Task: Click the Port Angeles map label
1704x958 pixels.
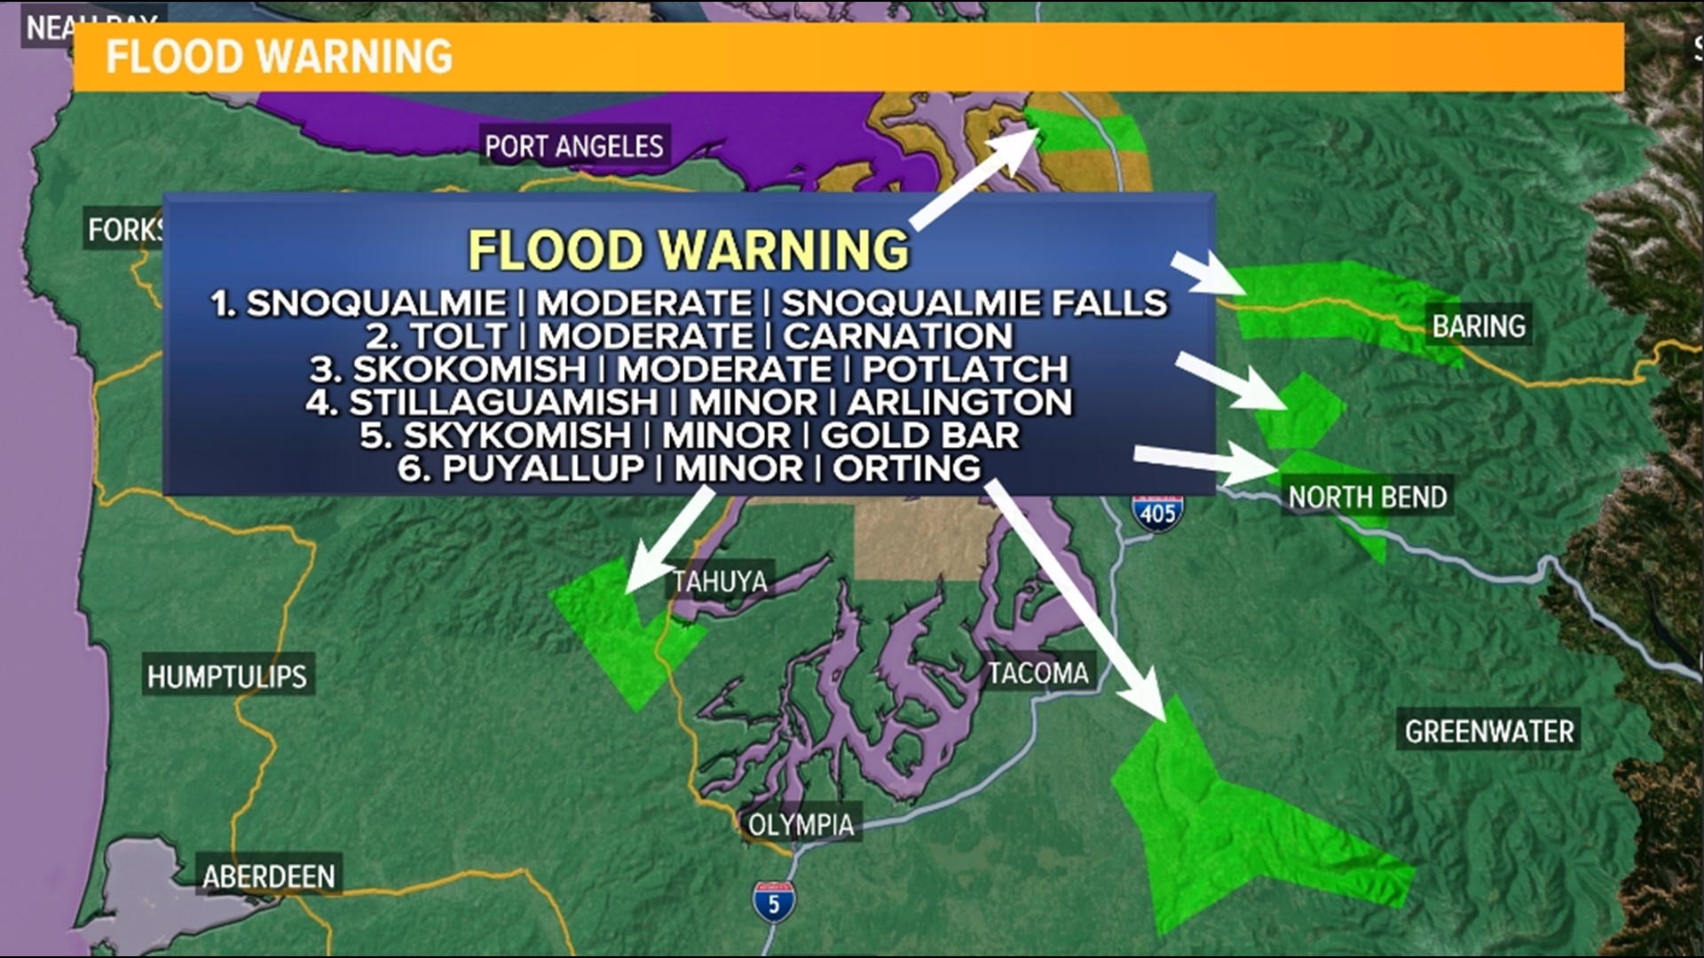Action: (x=574, y=146)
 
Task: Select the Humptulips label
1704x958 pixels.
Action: (x=227, y=678)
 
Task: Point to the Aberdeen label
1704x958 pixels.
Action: (x=269, y=877)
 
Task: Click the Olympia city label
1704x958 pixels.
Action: (x=801, y=825)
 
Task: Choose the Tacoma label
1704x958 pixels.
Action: (x=1038, y=673)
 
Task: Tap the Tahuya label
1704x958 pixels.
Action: (x=720, y=582)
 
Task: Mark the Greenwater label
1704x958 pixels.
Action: (x=1489, y=732)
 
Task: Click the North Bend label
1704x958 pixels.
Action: (x=1368, y=497)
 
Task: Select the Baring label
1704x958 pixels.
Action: (x=1479, y=326)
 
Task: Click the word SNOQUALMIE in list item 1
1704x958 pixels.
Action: (x=376, y=303)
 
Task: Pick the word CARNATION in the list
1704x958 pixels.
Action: (x=897, y=336)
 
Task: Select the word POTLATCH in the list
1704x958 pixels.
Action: (x=966, y=369)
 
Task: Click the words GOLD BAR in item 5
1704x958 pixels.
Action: (x=919, y=436)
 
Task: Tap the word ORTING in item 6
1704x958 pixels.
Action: (x=906, y=468)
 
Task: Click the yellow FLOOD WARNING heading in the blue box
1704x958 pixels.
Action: (x=689, y=250)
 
